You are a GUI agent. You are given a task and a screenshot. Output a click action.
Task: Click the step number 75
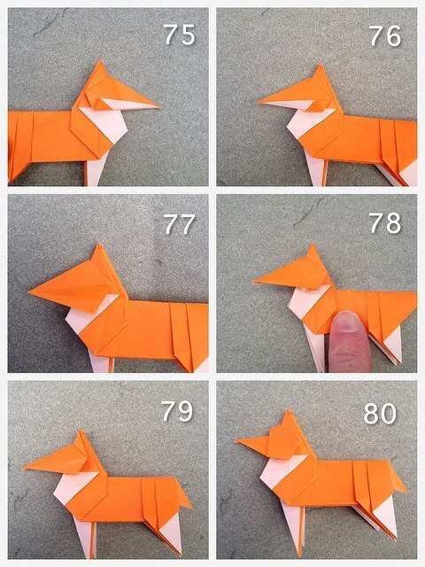pyautogui.click(x=180, y=35)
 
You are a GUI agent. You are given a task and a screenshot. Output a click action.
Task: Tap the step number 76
pyautogui.click(x=385, y=36)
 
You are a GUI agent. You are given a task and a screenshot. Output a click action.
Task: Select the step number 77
pyautogui.click(x=180, y=224)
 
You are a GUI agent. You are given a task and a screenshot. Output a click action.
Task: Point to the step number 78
pyautogui.click(x=385, y=223)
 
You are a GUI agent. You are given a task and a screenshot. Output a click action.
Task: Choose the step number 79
pyautogui.click(x=177, y=411)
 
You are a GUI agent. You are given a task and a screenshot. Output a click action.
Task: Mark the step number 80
pyautogui.click(x=380, y=414)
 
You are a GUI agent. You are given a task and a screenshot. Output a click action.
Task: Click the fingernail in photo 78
pyautogui.click(x=346, y=322)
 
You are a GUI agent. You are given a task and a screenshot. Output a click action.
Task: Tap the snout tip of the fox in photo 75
pyautogui.click(x=160, y=107)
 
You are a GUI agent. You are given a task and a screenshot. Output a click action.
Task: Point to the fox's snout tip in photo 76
pyautogui.click(x=258, y=103)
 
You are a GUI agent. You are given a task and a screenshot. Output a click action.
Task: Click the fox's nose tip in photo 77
pyautogui.click(x=29, y=291)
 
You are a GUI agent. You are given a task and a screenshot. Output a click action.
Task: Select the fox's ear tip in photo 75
pyautogui.click(x=100, y=61)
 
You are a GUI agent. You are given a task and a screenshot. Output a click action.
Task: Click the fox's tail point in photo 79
pyautogui.click(x=192, y=506)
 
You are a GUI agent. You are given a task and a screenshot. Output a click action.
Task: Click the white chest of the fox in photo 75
pyautogui.click(x=107, y=123)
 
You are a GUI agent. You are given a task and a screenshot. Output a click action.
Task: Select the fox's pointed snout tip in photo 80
pyautogui.click(x=236, y=441)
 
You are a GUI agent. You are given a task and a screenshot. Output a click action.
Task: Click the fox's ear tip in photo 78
pyautogui.click(x=311, y=245)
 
